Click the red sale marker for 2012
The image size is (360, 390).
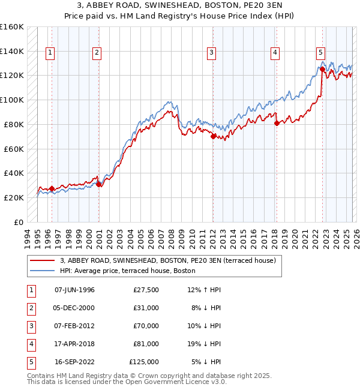[x=213, y=136]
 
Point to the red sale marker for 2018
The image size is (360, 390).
[x=277, y=123]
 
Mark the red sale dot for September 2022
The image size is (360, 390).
[x=322, y=69]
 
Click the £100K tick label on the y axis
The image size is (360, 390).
[x=12, y=100]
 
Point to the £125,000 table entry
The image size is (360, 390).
[x=144, y=362]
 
